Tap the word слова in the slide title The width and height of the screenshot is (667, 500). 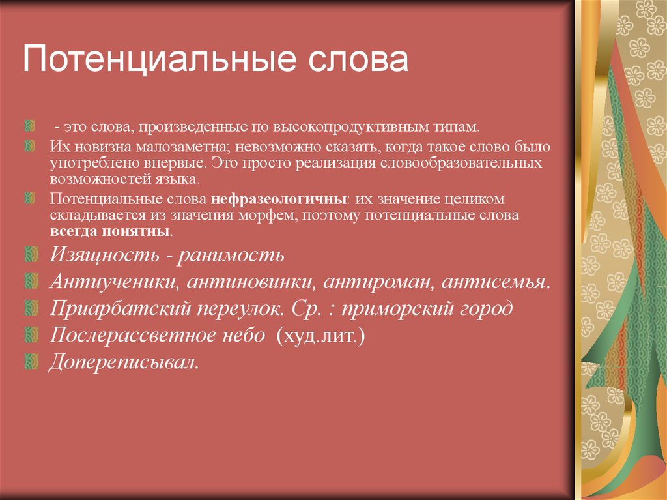pos(358,59)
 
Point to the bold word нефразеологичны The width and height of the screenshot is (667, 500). pos(278,199)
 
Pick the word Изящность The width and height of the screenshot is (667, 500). pos(105,255)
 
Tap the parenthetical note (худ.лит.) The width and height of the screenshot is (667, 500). pos(320,336)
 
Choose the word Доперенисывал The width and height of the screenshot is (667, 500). pos(123,362)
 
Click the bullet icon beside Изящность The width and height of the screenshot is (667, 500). pos(31,254)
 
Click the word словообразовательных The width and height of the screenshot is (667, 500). pos(461,163)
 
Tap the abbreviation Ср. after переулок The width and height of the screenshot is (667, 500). pos(306,309)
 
